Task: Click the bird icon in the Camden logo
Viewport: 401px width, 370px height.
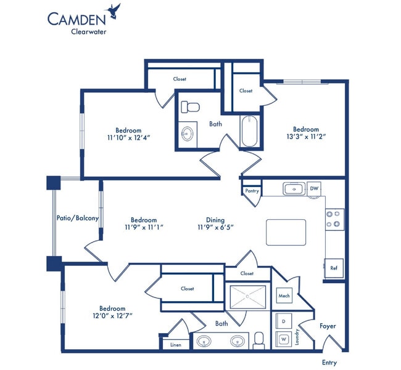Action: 114,9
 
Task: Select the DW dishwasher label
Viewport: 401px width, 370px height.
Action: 314,189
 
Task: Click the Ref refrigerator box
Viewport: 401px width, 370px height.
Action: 334,268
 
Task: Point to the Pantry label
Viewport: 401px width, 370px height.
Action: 252,191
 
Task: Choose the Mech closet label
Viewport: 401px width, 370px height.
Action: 284,296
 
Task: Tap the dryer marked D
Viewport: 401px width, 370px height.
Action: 283,321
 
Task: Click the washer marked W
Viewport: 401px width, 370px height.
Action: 283,339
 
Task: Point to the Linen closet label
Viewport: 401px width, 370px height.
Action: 175,345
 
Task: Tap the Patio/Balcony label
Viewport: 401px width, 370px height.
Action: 78,218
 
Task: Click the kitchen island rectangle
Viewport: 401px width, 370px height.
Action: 286,231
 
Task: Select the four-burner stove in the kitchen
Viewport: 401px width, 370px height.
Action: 334,219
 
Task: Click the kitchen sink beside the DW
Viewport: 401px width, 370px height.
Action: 294,189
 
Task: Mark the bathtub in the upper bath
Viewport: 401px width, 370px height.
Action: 249,131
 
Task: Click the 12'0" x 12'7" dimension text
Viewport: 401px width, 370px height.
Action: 112,316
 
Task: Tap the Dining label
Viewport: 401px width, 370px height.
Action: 215,220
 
